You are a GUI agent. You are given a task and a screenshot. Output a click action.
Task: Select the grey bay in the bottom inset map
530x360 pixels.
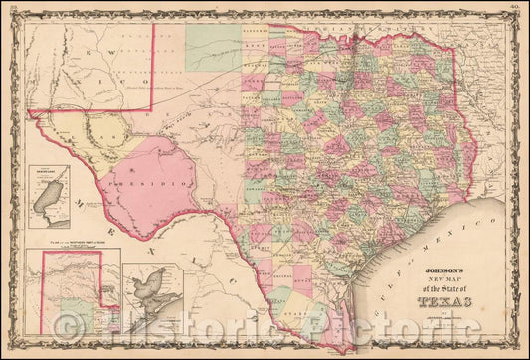[148, 294]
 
